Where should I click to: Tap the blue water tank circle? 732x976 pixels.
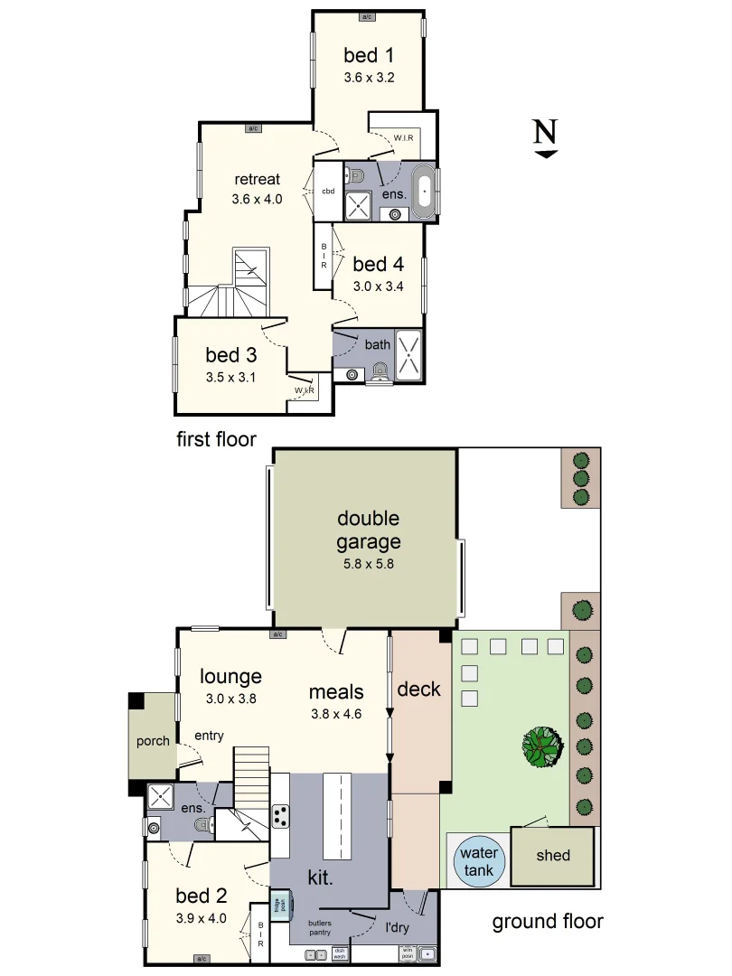[478, 861]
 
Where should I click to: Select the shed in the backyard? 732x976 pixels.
[553, 855]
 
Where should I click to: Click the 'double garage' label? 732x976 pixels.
[368, 530]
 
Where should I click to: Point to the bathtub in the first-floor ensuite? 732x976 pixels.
[423, 192]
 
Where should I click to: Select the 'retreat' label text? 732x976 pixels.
[257, 178]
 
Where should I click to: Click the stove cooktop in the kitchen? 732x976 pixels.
[280, 816]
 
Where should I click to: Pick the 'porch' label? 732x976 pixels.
[153, 741]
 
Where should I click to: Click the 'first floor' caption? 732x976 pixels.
[216, 439]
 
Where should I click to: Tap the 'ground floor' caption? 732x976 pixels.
[547, 922]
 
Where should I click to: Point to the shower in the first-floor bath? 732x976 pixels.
[408, 355]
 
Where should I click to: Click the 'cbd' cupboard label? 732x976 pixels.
[328, 192]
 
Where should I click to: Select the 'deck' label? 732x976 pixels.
[418, 690]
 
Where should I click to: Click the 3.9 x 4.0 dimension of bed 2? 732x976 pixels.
[201, 918]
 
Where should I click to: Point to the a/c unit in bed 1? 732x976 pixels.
[368, 16]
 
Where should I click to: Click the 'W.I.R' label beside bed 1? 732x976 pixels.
[403, 137]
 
